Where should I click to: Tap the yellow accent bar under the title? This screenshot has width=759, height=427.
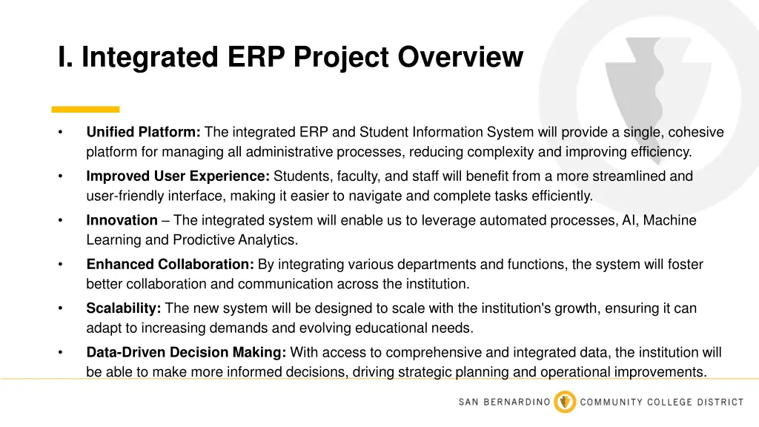coord(85,109)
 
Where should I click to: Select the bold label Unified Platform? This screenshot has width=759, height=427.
coord(143,133)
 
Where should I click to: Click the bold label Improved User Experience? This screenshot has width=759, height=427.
coord(178,176)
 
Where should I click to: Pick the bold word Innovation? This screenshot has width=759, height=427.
coord(122,220)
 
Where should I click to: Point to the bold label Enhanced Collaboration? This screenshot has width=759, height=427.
coord(170,265)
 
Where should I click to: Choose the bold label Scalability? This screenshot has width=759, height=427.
coord(123,308)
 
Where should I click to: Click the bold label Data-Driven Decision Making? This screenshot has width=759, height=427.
coord(187,353)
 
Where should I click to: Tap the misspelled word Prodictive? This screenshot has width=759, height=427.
coord(205,240)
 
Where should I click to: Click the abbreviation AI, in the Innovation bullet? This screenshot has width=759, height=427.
coord(622,220)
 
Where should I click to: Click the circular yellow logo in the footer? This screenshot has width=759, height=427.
coord(565,402)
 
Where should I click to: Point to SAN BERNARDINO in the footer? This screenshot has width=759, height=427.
coord(504,403)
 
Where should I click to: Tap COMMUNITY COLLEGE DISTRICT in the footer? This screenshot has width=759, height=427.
coord(661,403)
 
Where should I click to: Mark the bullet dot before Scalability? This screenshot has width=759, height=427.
coord(60,308)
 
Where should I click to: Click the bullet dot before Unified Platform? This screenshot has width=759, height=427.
coord(60,133)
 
